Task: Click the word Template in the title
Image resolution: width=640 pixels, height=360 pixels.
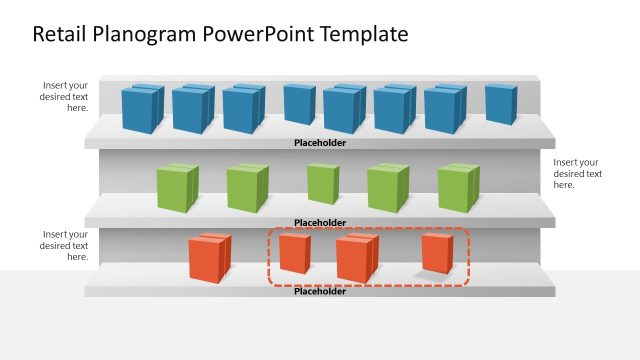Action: pos(363,34)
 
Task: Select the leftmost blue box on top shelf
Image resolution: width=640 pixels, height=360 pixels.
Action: pos(142,109)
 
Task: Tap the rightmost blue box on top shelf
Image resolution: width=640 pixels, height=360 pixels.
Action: pos(501,105)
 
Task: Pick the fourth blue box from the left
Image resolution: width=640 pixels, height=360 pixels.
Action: pos(299,105)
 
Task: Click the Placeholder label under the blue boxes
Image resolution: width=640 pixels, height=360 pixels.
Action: pos(320,143)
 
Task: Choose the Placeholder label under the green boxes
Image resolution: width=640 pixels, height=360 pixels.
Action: pos(320,222)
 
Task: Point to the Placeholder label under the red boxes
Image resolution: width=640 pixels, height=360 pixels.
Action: pos(320,291)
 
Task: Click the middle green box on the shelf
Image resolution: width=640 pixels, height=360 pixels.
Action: pos(322,184)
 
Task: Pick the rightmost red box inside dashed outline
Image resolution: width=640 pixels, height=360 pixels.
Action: pos(437,253)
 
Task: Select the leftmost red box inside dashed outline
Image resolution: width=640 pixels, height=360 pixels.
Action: pos(294,253)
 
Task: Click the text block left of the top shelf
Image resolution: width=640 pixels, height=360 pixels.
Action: pos(64,97)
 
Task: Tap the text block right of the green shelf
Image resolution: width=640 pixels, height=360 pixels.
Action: pos(577,173)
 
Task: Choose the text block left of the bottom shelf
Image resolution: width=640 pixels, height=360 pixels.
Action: pos(64,245)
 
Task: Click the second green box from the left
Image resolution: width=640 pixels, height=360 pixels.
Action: pos(247,187)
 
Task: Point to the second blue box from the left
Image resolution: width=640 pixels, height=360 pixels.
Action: pos(192,109)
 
